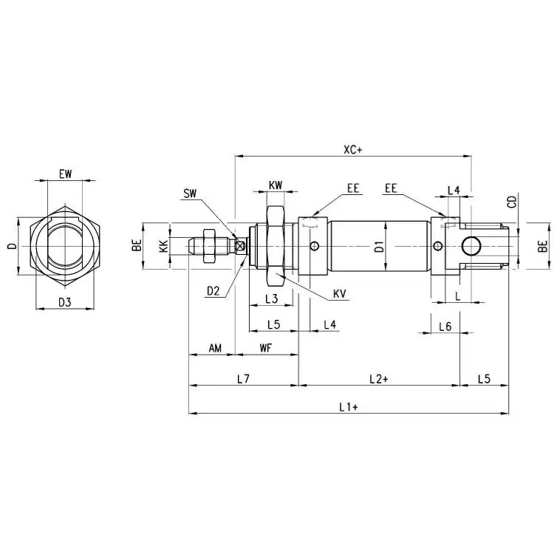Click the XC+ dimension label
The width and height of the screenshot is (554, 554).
(x=353, y=150)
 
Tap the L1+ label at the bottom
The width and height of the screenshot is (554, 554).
(x=349, y=407)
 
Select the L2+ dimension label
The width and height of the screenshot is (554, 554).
(x=378, y=379)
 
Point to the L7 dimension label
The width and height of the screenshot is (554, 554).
(x=243, y=379)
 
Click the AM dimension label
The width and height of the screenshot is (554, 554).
(x=215, y=349)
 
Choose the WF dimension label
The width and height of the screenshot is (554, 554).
(x=266, y=348)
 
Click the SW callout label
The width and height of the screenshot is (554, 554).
(x=190, y=194)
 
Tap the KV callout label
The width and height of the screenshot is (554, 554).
(x=340, y=294)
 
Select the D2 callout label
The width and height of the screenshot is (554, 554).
(x=213, y=291)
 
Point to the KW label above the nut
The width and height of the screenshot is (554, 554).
(x=276, y=185)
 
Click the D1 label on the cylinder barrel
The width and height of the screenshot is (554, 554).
(x=379, y=246)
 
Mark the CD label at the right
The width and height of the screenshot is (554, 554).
(x=512, y=202)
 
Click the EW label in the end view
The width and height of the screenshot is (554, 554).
(x=65, y=174)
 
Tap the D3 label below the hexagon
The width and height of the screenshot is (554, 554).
(x=65, y=302)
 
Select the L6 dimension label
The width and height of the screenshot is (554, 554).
(x=445, y=326)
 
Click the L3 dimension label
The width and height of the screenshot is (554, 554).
(x=271, y=299)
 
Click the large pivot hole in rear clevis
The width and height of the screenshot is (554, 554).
(x=471, y=246)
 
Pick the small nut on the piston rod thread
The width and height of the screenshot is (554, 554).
(x=209, y=246)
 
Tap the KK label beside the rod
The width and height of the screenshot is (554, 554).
(x=163, y=246)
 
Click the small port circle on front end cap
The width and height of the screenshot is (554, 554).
(x=314, y=245)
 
